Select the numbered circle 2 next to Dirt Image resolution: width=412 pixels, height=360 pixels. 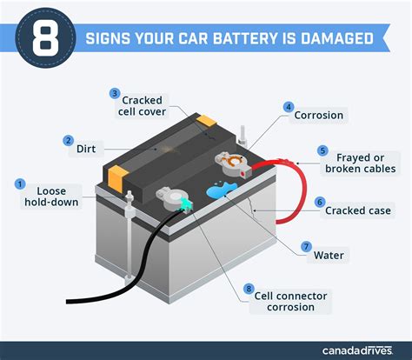point(68,140)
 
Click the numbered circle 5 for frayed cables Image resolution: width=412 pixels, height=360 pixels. point(322,150)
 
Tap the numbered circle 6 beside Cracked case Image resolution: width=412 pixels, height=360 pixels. point(320,201)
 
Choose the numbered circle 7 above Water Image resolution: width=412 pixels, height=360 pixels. point(306,247)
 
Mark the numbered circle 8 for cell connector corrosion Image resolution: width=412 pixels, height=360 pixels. point(249,288)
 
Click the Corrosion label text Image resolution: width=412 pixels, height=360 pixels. point(319,115)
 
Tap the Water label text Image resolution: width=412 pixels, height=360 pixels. point(329,256)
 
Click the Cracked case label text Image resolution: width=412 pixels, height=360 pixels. point(357,210)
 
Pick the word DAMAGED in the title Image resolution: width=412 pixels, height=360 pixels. point(335,38)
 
